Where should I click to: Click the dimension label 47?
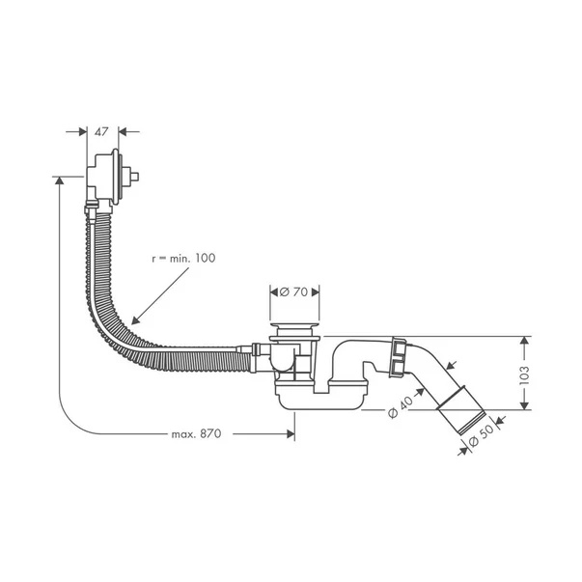(x=101, y=132)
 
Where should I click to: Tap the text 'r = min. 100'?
(x=183, y=258)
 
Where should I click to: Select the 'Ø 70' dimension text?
(x=293, y=292)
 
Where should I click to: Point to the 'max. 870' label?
(x=196, y=433)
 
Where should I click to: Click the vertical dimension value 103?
(x=524, y=374)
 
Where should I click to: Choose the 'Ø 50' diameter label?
(x=481, y=435)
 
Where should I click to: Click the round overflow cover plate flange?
(x=116, y=177)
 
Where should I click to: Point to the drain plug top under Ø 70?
(x=294, y=326)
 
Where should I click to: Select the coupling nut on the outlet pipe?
(x=399, y=357)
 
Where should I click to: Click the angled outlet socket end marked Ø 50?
(x=461, y=410)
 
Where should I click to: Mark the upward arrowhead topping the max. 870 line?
(x=59, y=180)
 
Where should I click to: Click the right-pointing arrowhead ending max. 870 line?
(x=291, y=433)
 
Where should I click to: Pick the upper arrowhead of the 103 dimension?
(x=524, y=341)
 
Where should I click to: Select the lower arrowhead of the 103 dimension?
(x=524, y=405)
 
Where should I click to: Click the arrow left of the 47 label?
(x=76, y=131)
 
